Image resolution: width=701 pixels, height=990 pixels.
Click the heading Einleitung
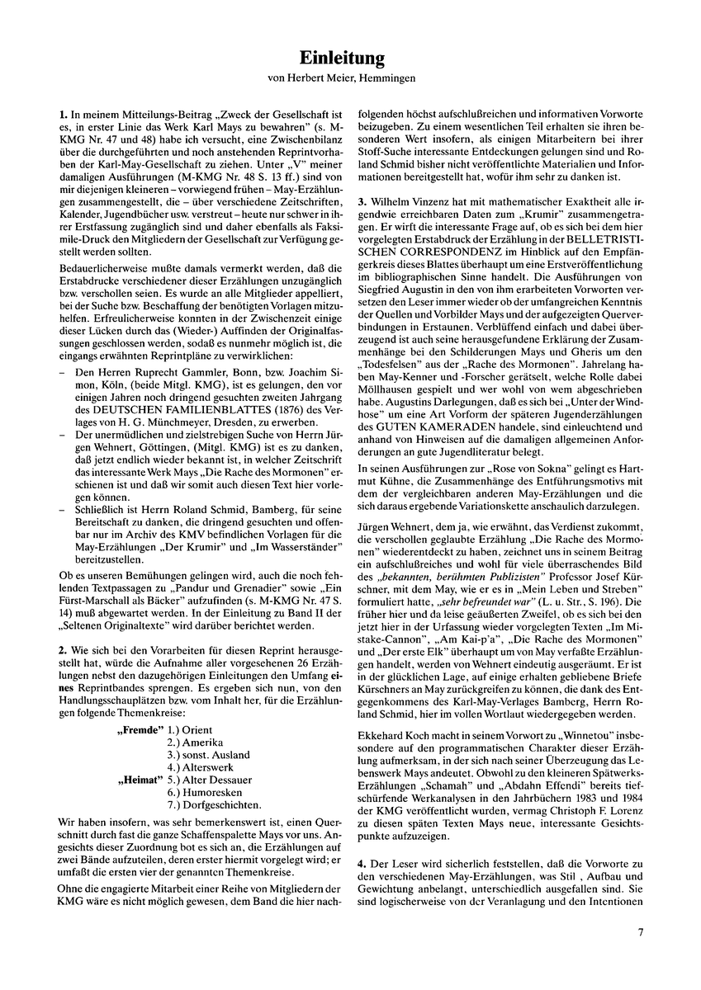[x=350, y=58]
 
